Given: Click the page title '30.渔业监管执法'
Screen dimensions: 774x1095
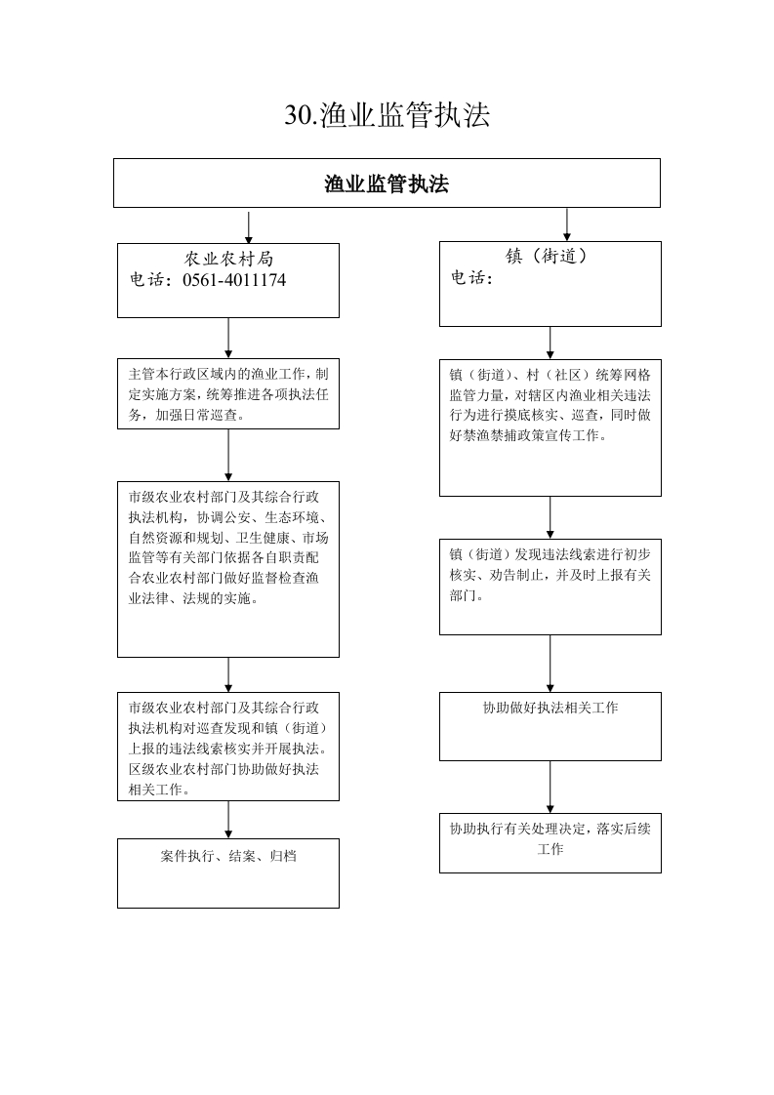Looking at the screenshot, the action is click(x=387, y=115).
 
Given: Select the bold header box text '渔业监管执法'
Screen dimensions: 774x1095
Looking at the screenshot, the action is click(x=387, y=183).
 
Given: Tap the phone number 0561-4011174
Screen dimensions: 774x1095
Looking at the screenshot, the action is click(x=234, y=280).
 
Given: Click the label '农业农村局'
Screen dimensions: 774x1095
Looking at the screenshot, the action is click(x=228, y=259).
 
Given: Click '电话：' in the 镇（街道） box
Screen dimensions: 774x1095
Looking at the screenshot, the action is click(x=471, y=278).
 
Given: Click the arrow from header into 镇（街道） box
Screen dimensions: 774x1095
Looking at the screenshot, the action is click(x=566, y=224).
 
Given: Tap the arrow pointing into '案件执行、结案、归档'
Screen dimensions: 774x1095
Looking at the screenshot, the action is click(x=228, y=820).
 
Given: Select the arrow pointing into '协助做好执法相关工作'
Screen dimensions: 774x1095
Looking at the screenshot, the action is click(x=550, y=664).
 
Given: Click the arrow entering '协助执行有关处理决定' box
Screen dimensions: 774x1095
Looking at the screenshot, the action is click(x=550, y=787).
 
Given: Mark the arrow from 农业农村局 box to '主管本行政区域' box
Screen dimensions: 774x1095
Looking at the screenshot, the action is click(x=228, y=339).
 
